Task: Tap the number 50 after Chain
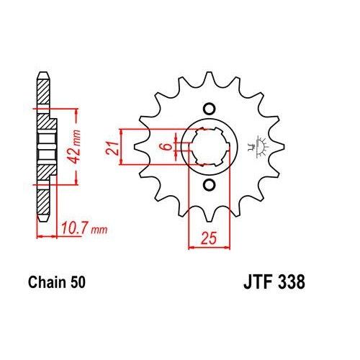78,284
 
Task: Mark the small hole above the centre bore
209,108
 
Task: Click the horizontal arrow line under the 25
208,247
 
